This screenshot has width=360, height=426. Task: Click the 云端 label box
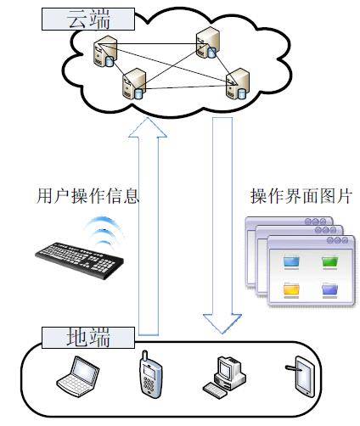click(x=88, y=19)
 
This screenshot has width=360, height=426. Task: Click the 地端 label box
click(x=88, y=338)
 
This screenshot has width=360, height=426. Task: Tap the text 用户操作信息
click(x=87, y=196)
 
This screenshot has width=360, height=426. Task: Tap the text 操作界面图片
click(x=301, y=196)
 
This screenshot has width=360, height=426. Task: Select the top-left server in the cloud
click(x=104, y=52)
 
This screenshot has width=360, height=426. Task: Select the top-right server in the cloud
click(x=207, y=43)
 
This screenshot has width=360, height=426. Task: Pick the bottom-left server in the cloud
click(x=134, y=84)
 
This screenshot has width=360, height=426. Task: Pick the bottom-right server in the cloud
click(x=238, y=84)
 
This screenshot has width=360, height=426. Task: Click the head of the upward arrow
click(x=148, y=128)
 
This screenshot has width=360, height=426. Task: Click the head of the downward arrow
click(x=222, y=323)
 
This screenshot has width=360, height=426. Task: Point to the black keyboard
click(x=80, y=261)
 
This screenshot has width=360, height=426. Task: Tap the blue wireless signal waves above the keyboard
click(x=104, y=231)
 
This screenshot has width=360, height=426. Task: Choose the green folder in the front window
click(x=330, y=262)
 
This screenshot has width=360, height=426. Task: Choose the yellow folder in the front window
click(x=291, y=290)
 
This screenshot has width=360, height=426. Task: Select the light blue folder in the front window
click(x=291, y=262)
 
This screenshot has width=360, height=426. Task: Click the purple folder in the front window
click(x=330, y=290)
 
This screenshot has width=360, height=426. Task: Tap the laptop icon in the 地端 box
click(x=78, y=374)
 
